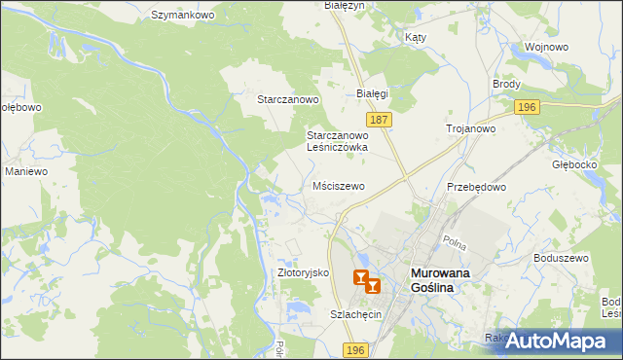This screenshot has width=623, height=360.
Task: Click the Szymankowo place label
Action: pyautogui.click(x=182, y=15)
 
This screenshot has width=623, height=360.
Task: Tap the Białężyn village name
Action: pyautogui.click(x=343, y=6)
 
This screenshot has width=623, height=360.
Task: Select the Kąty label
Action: pyautogui.click(x=416, y=37)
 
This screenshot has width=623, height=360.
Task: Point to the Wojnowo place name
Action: pyautogui.click(x=546, y=47)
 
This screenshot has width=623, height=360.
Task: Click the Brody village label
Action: pyautogui.click(x=506, y=84)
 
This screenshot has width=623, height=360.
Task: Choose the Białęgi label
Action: pyautogui.click(x=372, y=93)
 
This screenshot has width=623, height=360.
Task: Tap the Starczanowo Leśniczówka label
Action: pyautogui.click(x=337, y=141)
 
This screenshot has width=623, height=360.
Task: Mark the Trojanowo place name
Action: pyautogui.click(x=471, y=128)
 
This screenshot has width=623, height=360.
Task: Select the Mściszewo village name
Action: pyautogui.click(x=339, y=185)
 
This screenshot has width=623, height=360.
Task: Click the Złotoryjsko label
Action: pyautogui.click(x=305, y=273)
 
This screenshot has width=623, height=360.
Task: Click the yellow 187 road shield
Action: pyautogui.click(x=380, y=119)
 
